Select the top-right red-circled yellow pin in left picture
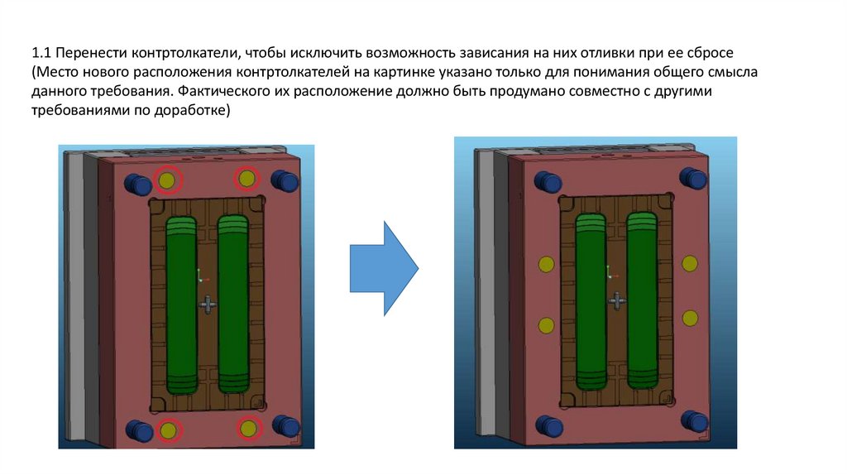coord(246,178)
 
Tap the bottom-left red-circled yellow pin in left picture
coord(168,429)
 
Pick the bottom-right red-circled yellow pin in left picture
coord(247,427)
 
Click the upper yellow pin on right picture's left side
coord(545,264)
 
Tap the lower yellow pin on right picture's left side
coord(545,324)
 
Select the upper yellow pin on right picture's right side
coord(689,263)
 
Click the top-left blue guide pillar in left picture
coord(133,181)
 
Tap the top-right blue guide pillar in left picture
coord(284,180)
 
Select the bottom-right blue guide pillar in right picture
coord(695,421)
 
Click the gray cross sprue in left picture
coord(208,306)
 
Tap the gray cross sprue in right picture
coord(615,301)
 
